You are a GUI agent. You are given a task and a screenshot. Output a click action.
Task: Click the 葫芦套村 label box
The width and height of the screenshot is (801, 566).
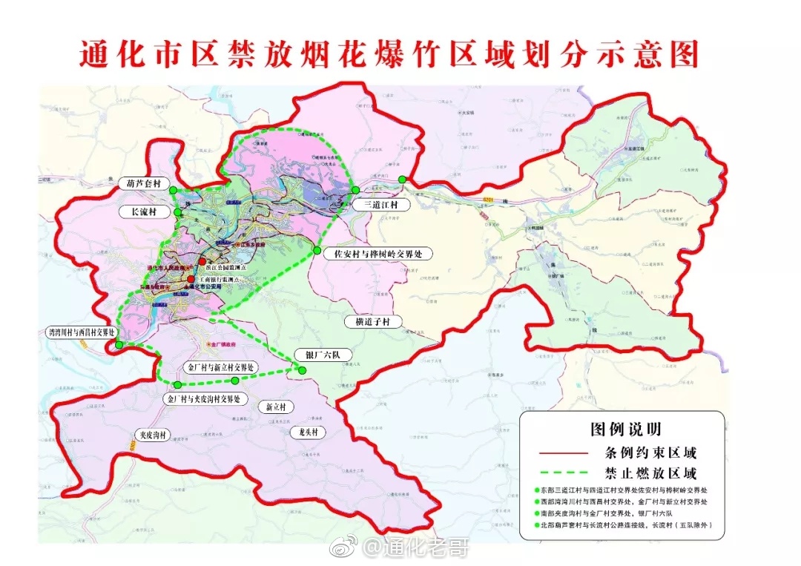click(144, 182)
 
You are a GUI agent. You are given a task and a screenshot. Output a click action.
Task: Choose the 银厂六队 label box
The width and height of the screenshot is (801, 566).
click(317, 355)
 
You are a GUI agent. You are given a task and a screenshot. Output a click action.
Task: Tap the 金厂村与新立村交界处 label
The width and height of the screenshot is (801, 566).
click(221, 367)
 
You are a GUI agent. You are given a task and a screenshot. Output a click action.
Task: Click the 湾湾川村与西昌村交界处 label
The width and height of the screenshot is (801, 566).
click(80, 332)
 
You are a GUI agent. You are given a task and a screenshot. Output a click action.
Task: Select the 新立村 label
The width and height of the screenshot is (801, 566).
click(276, 407)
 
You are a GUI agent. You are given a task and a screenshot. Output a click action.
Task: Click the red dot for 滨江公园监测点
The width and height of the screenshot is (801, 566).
click(202, 261)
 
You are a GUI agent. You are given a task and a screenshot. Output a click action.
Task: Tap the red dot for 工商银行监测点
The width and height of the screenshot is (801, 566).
click(191, 279)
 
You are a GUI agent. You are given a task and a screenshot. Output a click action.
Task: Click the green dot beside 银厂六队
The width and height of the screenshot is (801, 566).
click(302, 369)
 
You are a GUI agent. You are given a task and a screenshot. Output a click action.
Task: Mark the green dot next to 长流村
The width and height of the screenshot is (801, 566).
click(179, 213)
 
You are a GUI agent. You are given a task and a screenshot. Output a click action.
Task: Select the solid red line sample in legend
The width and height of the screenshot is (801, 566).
click(563, 453)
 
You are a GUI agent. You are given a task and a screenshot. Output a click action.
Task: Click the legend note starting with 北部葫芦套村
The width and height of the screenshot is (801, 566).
click(623, 525)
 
